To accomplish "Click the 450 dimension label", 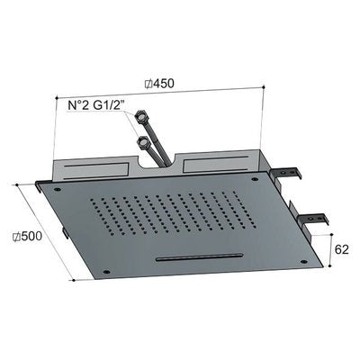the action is (x=159, y=84).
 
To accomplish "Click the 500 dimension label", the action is (x=27, y=237).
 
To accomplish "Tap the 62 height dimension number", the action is (x=342, y=249).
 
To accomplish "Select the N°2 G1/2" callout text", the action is (x=96, y=105).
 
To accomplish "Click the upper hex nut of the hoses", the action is (x=139, y=115).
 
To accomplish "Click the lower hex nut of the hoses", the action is (x=142, y=140).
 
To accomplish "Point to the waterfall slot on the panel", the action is (x=200, y=257).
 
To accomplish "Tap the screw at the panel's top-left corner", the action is (x=57, y=189).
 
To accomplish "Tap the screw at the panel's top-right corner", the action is (x=255, y=179).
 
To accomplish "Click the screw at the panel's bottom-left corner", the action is (x=105, y=272).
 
